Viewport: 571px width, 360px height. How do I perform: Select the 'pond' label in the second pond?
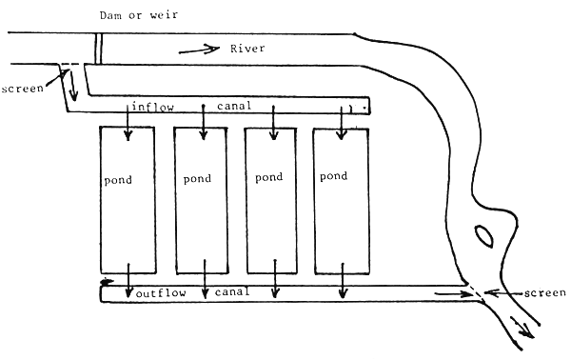(197, 178)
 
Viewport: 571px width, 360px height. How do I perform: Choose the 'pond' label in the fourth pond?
(334, 176)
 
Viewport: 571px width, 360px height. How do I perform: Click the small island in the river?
(482, 234)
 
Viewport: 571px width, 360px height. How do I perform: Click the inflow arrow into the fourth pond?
(345, 124)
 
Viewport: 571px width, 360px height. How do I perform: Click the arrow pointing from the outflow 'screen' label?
(495, 292)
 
